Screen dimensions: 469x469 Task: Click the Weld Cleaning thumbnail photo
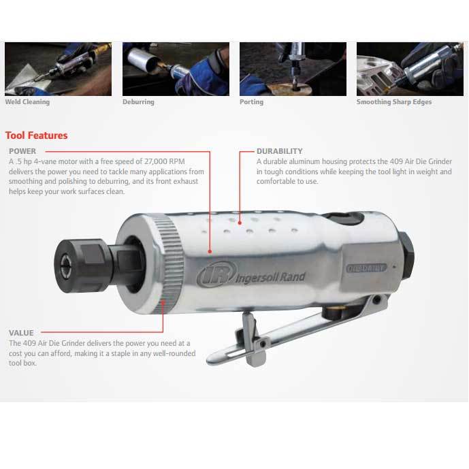click(58, 69)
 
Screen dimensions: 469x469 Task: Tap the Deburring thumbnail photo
click(176, 69)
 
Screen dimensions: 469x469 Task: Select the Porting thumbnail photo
click(293, 69)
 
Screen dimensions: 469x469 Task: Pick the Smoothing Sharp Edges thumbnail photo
click(410, 69)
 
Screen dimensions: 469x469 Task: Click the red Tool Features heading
click(37, 135)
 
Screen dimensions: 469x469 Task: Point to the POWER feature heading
click(22, 151)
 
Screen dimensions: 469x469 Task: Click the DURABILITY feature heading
click(279, 151)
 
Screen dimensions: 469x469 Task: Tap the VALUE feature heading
click(21, 333)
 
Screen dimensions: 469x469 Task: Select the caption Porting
click(252, 102)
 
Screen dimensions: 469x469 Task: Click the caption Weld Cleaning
click(27, 102)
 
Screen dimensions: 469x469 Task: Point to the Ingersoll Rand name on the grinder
click(270, 278)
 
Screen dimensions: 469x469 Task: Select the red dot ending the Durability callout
click(240, 223)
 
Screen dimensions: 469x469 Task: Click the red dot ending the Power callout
click(210, 252)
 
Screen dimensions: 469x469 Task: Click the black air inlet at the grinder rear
click(406, 256)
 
